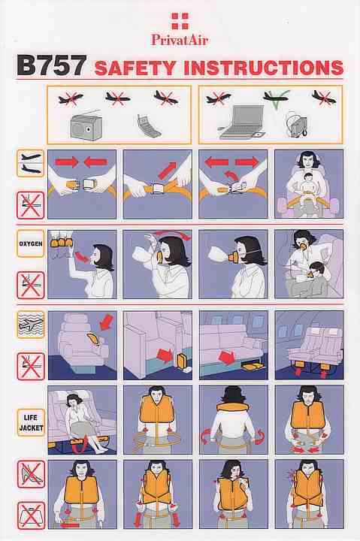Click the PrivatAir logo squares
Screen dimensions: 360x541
point(180,21)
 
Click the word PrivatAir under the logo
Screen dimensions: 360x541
point(180,40)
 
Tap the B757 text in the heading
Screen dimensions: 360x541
point(51,65)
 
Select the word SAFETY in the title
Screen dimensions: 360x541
point(135,68)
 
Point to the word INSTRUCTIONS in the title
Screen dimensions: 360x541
point(263,68)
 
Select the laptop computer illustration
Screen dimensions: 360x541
point(241,122)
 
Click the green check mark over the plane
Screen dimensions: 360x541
point(277,99)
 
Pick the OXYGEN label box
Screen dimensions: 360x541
point(31,243)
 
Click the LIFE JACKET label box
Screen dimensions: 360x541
point(31,422)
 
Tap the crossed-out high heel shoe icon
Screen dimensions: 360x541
point(31,474)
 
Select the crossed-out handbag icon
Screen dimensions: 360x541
point(31,515)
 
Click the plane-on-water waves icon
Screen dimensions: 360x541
point(31,325)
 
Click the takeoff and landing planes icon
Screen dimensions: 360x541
point(31,164)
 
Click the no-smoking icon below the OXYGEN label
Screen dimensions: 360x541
point(31,285)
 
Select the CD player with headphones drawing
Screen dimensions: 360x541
point(297,123)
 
